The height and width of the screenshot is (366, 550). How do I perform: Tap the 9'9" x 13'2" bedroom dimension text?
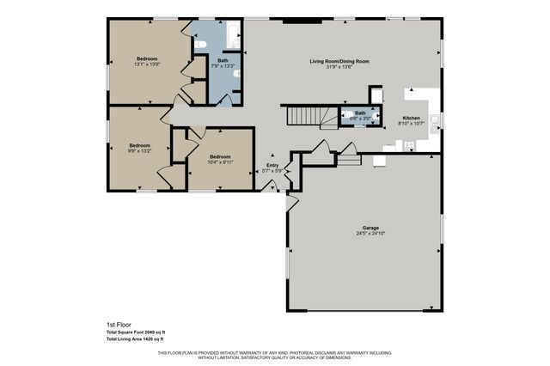pos(140,151)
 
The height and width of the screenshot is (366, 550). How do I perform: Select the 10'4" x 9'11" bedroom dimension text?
pos(221,162)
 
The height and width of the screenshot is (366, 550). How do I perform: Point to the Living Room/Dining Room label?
pos(339,61)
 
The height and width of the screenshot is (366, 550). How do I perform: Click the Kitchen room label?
pos(412,118)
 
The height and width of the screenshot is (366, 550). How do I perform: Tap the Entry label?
pos(272,164)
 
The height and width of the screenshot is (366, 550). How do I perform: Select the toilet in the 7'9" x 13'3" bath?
pos(200,45)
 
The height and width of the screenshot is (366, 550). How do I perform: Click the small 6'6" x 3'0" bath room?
pos(360,116)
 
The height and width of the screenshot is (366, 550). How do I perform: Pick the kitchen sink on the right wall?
pos(435,119)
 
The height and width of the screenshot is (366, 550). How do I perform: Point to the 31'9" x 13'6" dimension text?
pos(339,67)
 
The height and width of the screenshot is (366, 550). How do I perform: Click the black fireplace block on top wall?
pos(297,20)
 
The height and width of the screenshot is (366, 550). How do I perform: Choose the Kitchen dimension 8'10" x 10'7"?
pos(412,124)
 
